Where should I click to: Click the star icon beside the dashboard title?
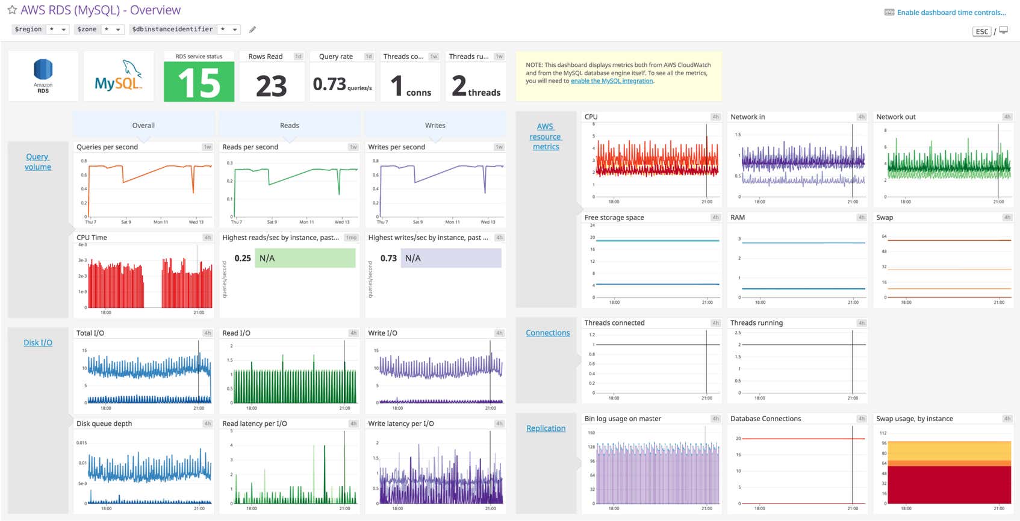(12, 10)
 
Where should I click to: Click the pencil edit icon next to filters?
(253, 29)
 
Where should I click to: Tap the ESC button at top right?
(981, 32)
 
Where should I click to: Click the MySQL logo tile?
(119, 76)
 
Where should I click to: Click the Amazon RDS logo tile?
(43, 76)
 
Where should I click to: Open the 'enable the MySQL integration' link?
(612, 81)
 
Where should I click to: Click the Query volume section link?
(38, 162)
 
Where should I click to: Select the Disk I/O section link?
(38, 343)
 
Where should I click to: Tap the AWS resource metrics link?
(546, 137)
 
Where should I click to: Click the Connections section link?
(547, 333)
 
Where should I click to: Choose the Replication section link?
(546, 428)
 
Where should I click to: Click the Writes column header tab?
(435, 126)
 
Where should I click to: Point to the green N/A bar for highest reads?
(305, 258)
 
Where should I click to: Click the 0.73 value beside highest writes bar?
(388, 258)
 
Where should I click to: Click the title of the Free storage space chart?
(614, 218)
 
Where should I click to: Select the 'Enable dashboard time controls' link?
(951, 13)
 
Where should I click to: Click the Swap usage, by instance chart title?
(914, 419)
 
